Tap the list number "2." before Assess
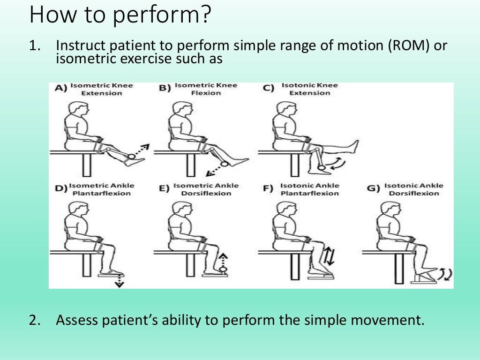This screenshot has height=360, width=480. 36,321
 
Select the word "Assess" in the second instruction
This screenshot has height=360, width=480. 78,321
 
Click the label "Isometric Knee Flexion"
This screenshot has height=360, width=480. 206,89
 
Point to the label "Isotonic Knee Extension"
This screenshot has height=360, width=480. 309,89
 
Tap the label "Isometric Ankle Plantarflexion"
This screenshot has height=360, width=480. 102,189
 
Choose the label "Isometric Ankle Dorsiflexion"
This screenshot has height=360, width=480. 206,189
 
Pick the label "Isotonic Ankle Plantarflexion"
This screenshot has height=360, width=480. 309,189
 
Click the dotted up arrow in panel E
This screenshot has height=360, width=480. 224,260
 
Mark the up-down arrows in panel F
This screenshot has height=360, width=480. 328,256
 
